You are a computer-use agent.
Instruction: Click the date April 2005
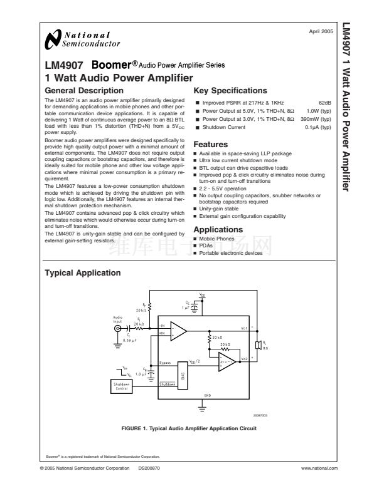(x=321, y=31)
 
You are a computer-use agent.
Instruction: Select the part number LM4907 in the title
(x=61, y=65)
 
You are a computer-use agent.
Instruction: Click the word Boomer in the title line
(x=114, y=65)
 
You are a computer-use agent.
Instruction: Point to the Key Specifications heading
(x=231, y=91)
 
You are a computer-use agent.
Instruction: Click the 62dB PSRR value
(x=324, y=103)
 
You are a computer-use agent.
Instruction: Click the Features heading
(x=211, y=144)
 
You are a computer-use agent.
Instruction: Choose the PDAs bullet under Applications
(x=206, y=246)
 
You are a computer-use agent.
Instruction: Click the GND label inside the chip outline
(x=207, y=395)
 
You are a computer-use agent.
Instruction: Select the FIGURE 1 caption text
(x=189, y=428)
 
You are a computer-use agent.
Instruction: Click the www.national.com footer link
(x=319, y=468)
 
